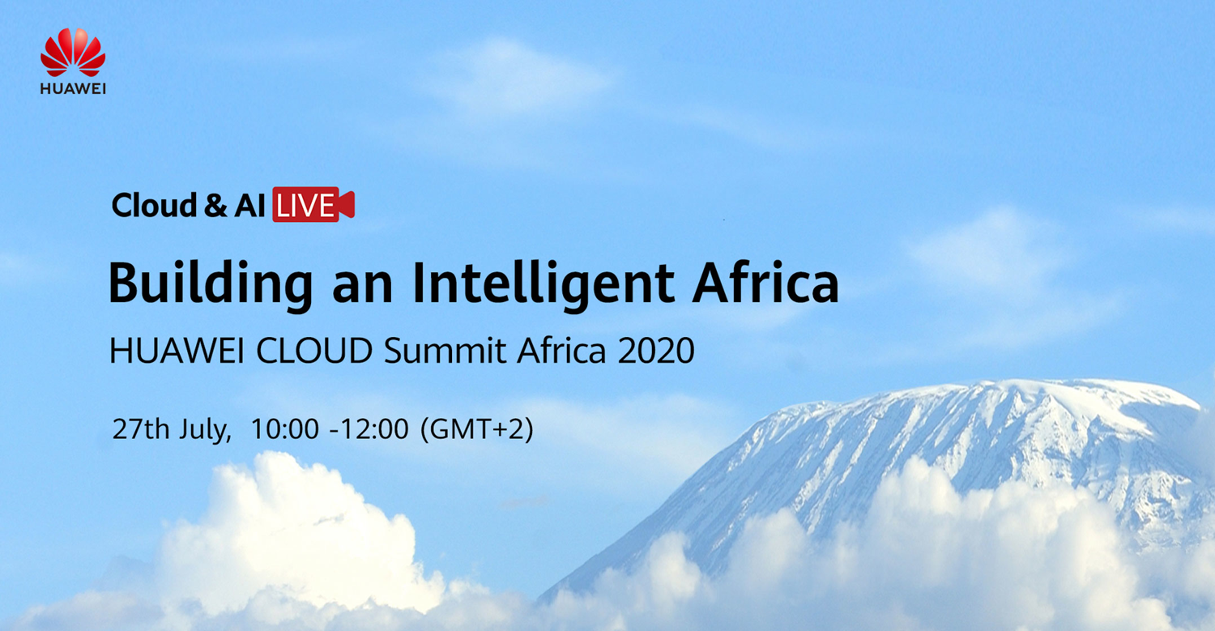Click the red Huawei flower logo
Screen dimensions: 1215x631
coord(73,52)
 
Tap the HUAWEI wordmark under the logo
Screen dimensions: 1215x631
coord(73,89)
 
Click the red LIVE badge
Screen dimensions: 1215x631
coord(313,205)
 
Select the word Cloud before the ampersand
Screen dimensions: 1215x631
coord(154,205)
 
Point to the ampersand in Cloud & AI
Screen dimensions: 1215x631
coord(216,206)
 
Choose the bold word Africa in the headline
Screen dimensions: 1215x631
coord(766,282)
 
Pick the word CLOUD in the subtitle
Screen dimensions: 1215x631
coord(314,351)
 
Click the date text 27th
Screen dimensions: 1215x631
coord(141,428)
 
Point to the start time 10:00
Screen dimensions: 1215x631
coord(285,428)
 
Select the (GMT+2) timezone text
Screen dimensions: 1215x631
coord(477,429)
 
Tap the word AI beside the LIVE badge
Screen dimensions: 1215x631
coord(249,206)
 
